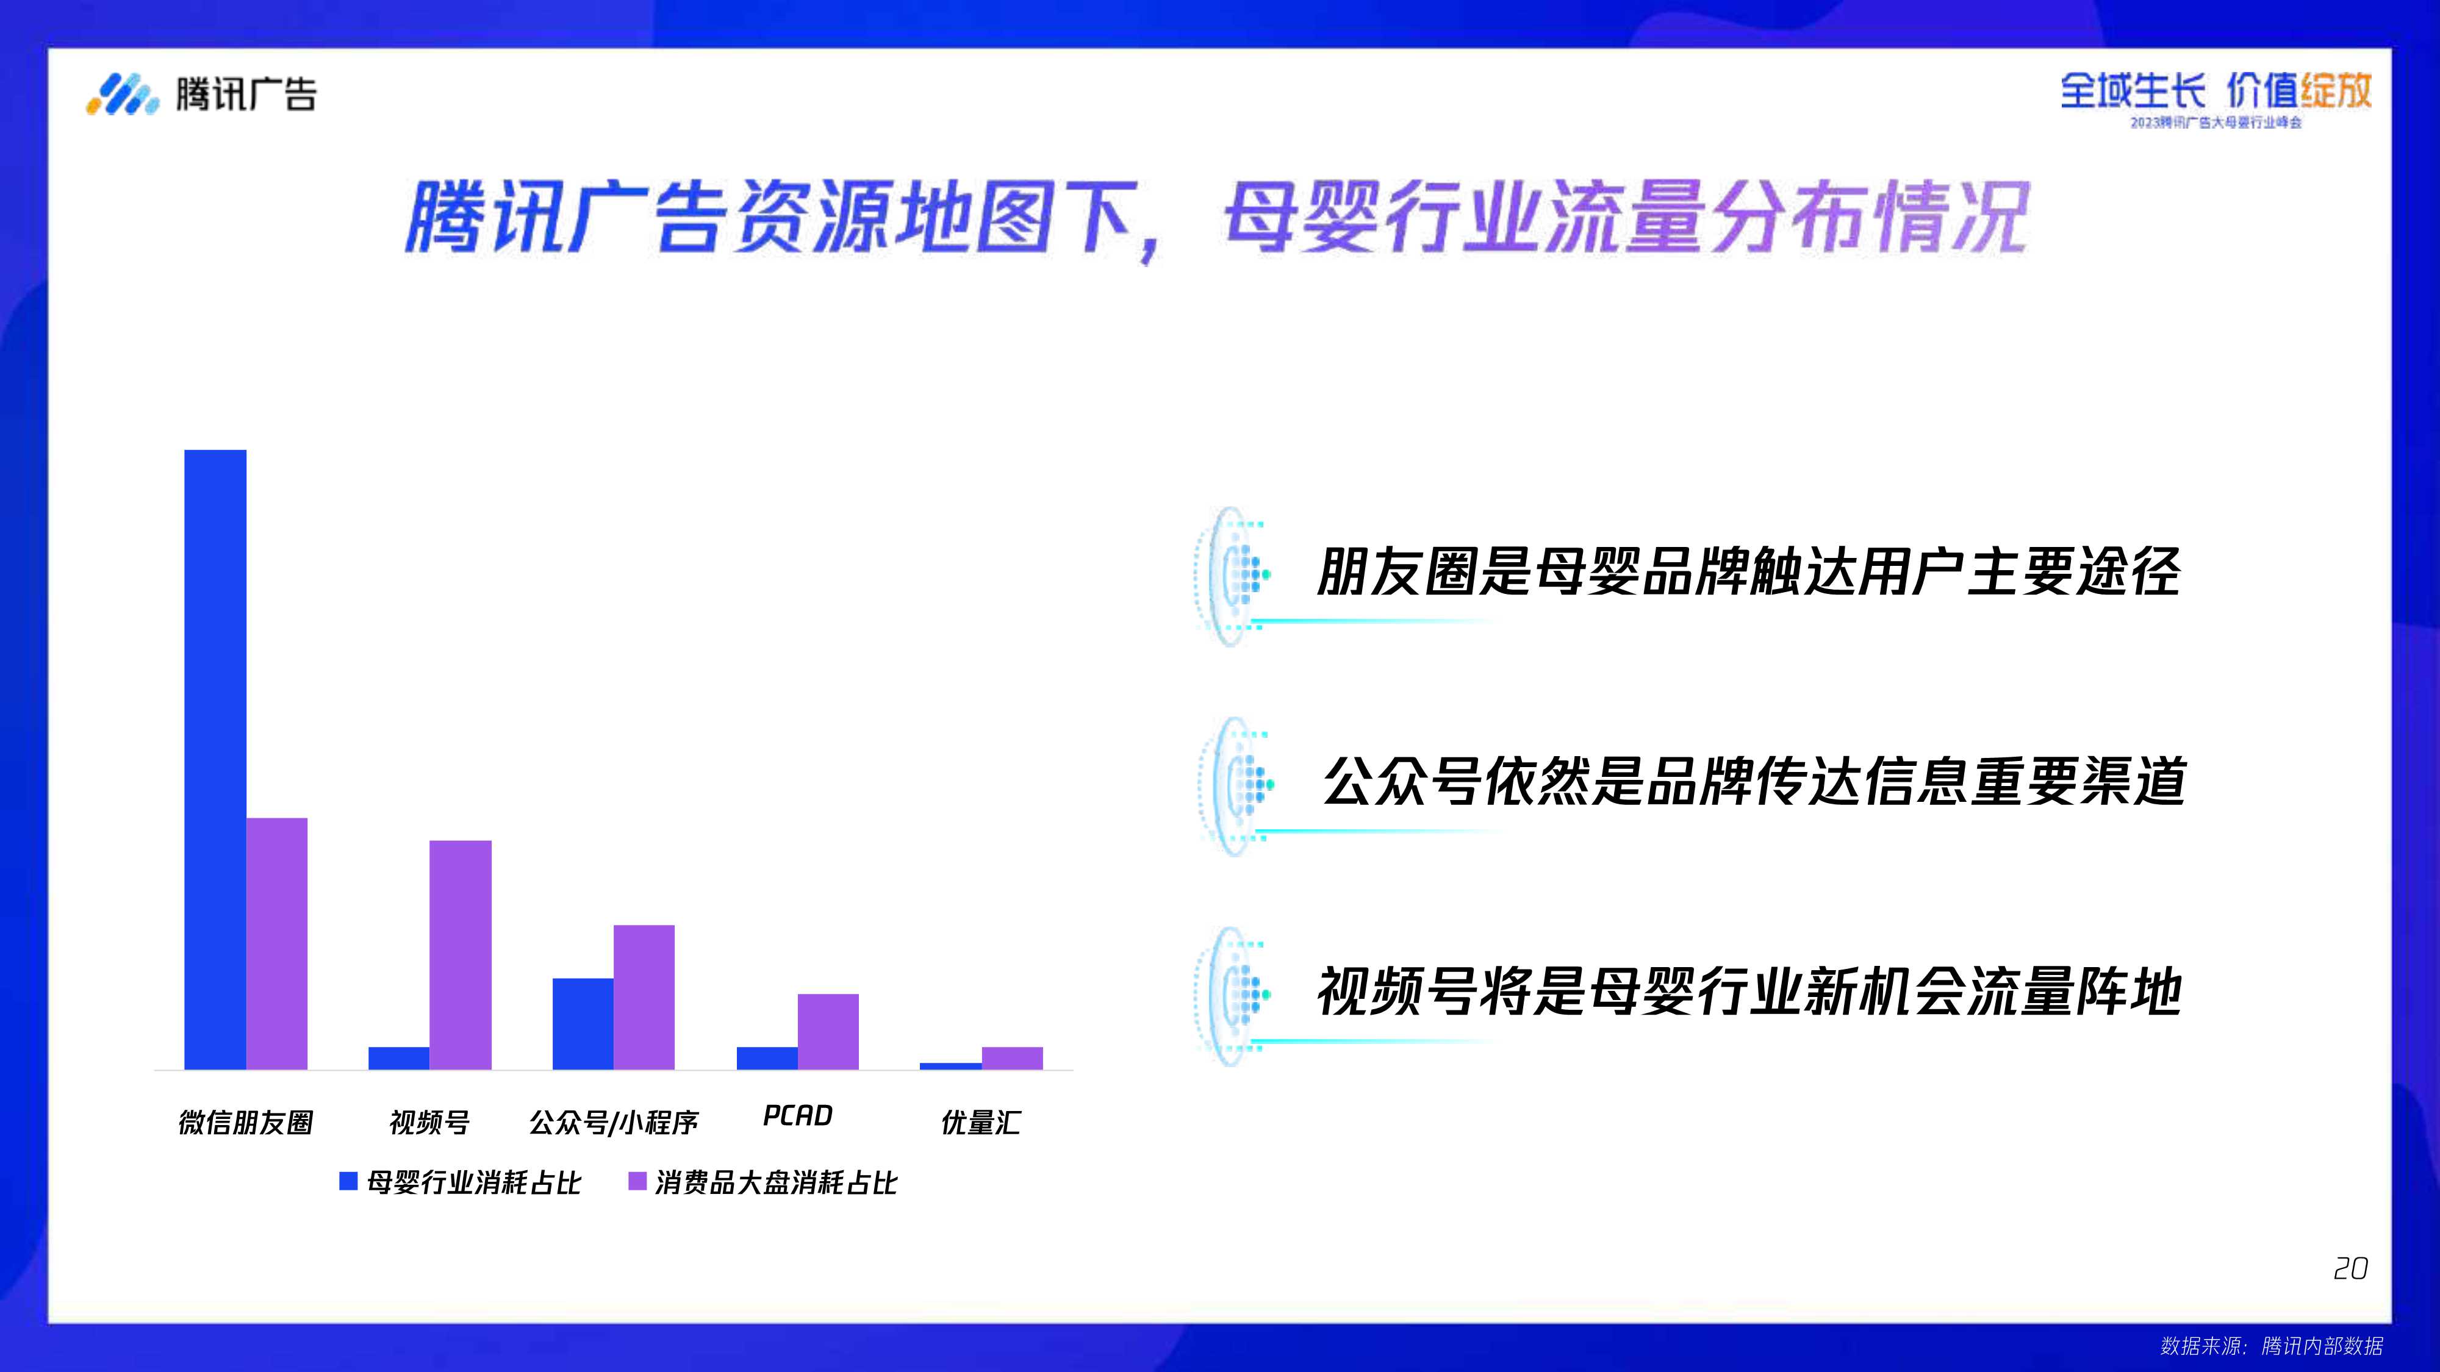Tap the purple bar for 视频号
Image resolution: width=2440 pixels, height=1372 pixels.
point(461,954)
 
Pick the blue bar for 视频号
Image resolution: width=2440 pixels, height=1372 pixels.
point(399,1057)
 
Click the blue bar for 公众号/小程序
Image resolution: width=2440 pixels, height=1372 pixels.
point(583,1023)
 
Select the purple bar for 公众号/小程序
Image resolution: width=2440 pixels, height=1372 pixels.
point(644,996)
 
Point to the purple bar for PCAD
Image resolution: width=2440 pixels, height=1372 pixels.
point(828,1031)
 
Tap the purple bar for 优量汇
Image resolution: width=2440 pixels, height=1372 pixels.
point(1011,1057)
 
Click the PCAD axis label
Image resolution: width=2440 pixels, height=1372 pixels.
point(797,1115)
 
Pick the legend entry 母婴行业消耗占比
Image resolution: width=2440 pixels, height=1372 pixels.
point(461,1182)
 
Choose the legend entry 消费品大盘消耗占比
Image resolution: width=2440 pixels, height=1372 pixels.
point(764,1182)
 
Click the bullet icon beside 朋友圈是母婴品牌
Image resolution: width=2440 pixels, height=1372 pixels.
point(1232,575)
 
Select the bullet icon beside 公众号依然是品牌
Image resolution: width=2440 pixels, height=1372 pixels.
point(1234,785)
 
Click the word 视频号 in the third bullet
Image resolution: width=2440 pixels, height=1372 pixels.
point(1396,991)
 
